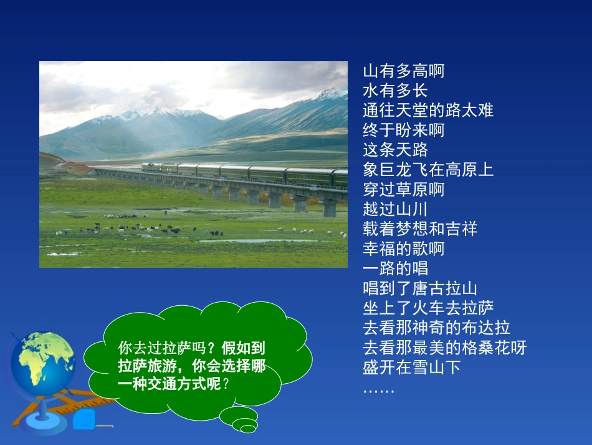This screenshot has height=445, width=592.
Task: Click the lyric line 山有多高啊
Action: pos(403,71)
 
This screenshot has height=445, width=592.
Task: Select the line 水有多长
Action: pos(395,91)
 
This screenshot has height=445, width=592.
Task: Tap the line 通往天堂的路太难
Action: pos(427,110)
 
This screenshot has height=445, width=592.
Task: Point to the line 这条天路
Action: pos(395,150)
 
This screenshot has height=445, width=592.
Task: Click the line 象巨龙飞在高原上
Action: pos(427,170)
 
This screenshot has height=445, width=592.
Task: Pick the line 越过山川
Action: pos(395,209)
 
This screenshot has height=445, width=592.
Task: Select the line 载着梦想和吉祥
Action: pos(420,229)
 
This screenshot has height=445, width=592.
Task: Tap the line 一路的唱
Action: pos(395,268)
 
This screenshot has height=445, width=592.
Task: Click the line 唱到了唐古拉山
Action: pos(420,288)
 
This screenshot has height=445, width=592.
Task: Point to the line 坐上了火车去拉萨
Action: pos(428,308)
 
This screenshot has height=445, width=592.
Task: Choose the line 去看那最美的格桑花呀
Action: pos(444,348)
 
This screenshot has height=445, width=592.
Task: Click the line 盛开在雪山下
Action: pos(411,367)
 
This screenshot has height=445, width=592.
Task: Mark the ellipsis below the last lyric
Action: pos(379,389)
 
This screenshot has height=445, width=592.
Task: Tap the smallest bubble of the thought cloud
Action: pos(249,429)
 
